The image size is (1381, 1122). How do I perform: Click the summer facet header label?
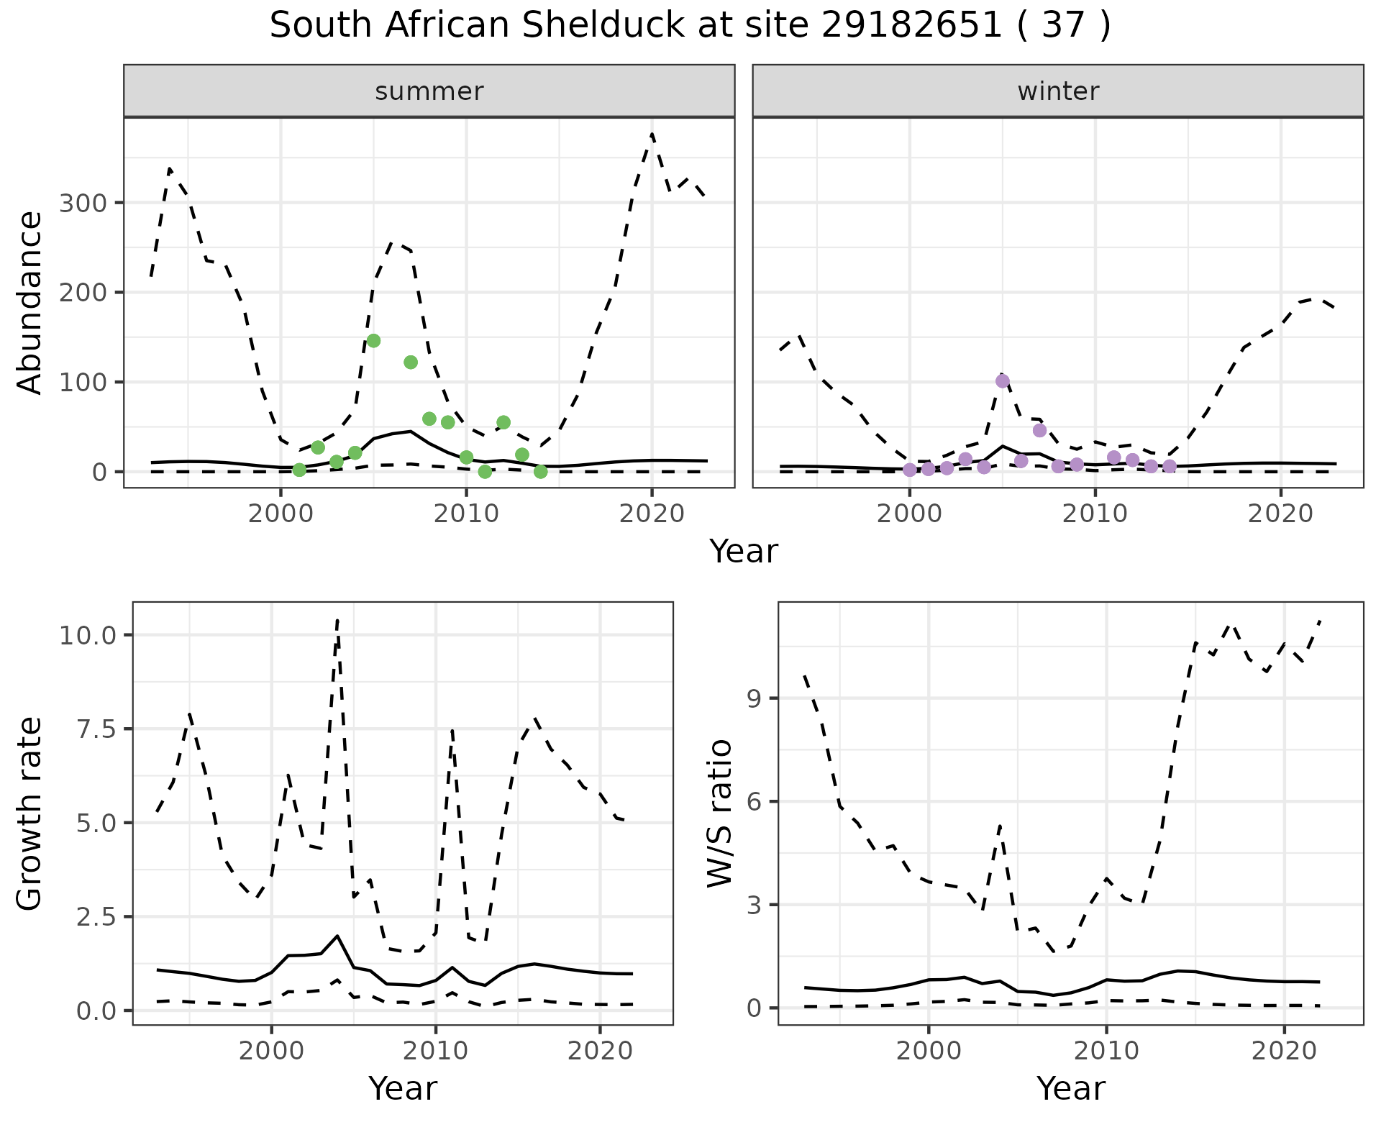pos(429,91)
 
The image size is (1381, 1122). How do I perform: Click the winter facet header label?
pos(1058,91)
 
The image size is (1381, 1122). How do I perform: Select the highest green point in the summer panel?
pos(373,341)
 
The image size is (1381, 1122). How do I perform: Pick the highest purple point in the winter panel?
pos(1003,381)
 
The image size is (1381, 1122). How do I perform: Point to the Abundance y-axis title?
pos(30,303)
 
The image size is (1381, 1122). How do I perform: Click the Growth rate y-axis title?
pos(30,814)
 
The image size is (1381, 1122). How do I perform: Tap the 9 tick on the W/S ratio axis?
pos(755,698)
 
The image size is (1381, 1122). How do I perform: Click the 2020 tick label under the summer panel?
pos(652,514)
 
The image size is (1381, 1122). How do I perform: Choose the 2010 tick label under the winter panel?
pos(1095,514)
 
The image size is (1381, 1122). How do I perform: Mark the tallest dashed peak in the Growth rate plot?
pos(337,619)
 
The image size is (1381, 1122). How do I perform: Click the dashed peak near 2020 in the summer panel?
pos(652,134)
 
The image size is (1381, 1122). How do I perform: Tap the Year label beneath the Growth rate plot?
pos(403,1088)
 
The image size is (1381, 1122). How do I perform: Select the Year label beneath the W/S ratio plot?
pos(1071,1088)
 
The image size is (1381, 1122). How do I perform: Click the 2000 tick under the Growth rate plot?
pos(271,1051)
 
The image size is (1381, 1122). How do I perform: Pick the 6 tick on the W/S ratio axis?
pos(755,801)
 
